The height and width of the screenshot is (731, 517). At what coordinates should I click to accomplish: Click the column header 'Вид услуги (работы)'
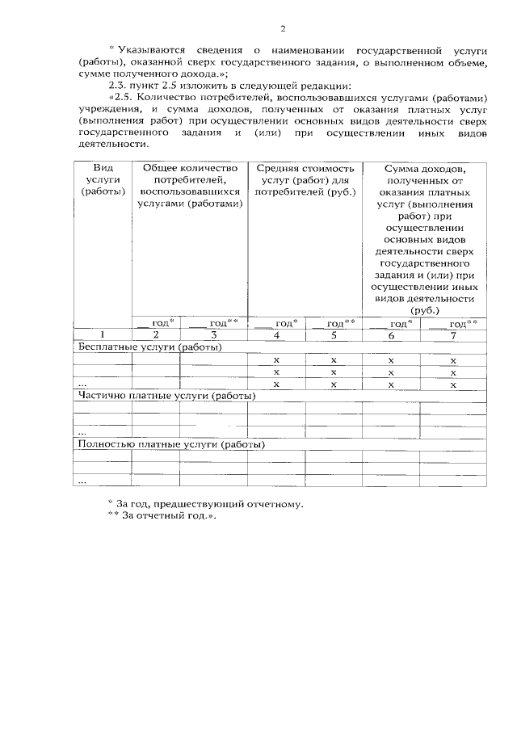103,179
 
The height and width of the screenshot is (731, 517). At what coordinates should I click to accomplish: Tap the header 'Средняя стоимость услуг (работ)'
305,179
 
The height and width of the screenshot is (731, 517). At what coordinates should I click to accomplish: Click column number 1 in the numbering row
103,334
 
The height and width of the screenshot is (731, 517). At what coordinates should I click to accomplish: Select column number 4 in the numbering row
276,334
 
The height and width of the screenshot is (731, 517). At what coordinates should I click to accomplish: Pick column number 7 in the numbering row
453,334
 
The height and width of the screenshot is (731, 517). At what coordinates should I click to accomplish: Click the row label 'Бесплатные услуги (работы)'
149,347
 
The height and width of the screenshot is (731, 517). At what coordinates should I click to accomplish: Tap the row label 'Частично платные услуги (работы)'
166,396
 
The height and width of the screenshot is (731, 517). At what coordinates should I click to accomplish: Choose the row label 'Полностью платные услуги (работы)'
170,444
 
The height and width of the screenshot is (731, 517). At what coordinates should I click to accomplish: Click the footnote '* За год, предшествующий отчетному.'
206,504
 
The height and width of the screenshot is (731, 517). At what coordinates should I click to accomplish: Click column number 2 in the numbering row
156,334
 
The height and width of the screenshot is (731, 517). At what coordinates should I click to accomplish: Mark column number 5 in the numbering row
333,334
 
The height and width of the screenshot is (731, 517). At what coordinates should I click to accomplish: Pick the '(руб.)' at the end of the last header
425,309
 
